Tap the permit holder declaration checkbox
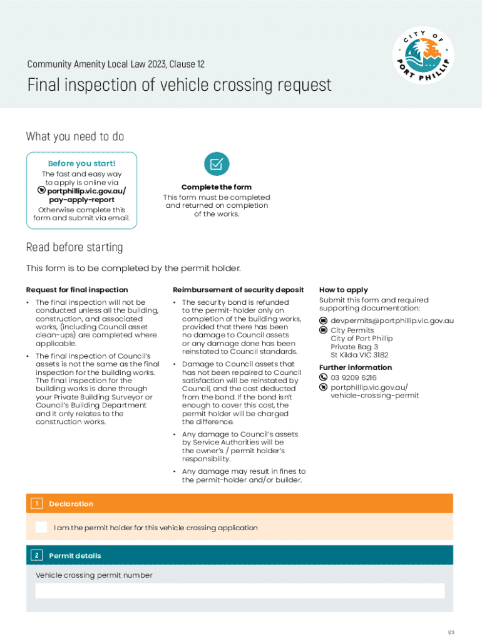click(41, 527)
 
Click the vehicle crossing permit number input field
click(240, 591)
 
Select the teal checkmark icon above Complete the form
click(217, 164)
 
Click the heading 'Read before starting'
click(74, 247)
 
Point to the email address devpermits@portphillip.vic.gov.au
click(392, 320)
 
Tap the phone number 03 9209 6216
click(354, 377)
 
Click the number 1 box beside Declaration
click(36, 503)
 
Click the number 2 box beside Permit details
click(36, 555)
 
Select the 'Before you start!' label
click(81, 163)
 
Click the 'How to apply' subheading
click(343, 290)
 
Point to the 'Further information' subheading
click(355, 367)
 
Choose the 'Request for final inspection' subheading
click(76, 290)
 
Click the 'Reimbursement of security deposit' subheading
click(238, 290)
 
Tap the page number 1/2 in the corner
click(450, 632)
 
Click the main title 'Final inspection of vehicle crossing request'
click(179, 85)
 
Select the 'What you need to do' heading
click(74, 136)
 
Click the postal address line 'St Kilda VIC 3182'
click(359, 355)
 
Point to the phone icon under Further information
click(324, 377)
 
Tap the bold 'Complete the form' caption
click(217, 187)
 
